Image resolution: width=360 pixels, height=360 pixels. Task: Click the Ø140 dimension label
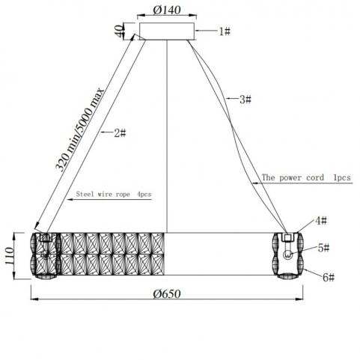click(x=167, y=10)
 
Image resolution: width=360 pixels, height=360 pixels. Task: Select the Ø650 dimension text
click(x=167, y=294)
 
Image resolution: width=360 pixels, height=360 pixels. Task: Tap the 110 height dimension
click(x=8, y=256)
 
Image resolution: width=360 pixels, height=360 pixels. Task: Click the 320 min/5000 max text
click(x=79, y=129)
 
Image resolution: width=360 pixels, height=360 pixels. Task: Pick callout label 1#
click(x=225, y=31)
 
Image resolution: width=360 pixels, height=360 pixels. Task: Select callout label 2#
click(x=120, y=133)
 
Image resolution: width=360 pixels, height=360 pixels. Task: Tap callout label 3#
click(x=245, y=100)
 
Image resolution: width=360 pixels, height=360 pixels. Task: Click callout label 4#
click(x=321, y=221)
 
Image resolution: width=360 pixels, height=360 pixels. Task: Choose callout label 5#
click(x=324, y=248)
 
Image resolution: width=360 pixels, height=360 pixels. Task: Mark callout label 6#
click(x=329, y=278)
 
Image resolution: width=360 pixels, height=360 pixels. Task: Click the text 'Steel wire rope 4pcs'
click(x=114, y=194)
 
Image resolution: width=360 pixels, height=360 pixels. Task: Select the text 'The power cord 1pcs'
click(x=306, y=177)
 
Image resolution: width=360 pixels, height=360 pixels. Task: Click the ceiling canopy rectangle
click(x=167, y=31)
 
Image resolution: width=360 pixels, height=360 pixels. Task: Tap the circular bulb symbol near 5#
click(x=287, y=254)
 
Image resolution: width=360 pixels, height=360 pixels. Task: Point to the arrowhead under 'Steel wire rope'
click(x=69, y=200)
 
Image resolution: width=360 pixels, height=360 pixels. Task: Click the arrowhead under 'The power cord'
click(x=255, y=183)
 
